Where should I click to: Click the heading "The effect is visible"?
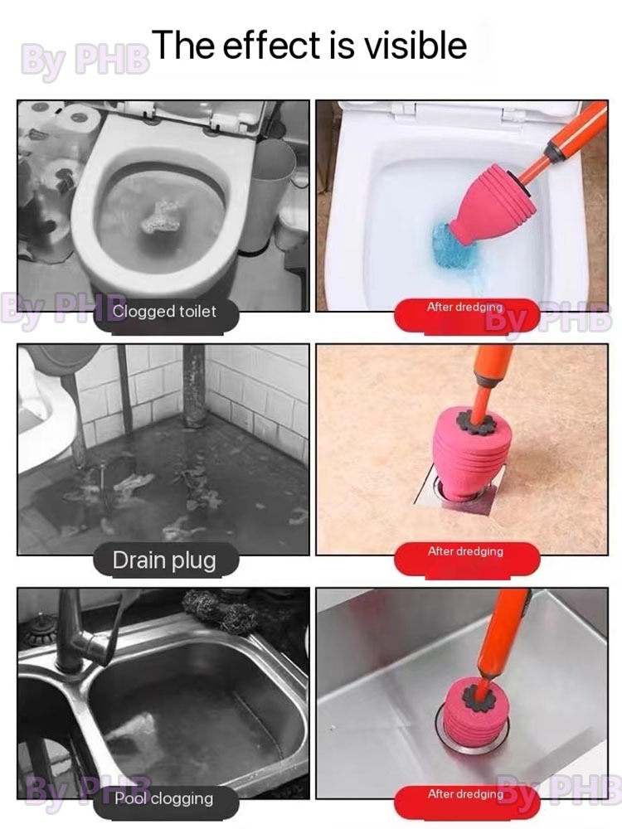[x=311, y=45]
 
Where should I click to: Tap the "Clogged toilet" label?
[x=164, y=312]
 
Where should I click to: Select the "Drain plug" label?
[x=164, y=560]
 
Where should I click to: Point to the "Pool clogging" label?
[x=164, y=797]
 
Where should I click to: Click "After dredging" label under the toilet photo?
[x=465, y=307]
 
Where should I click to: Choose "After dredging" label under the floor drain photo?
[x=465, y=551]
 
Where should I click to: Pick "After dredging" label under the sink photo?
[x=465, y=793]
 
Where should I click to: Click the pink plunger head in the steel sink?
[x=474, y=711]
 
